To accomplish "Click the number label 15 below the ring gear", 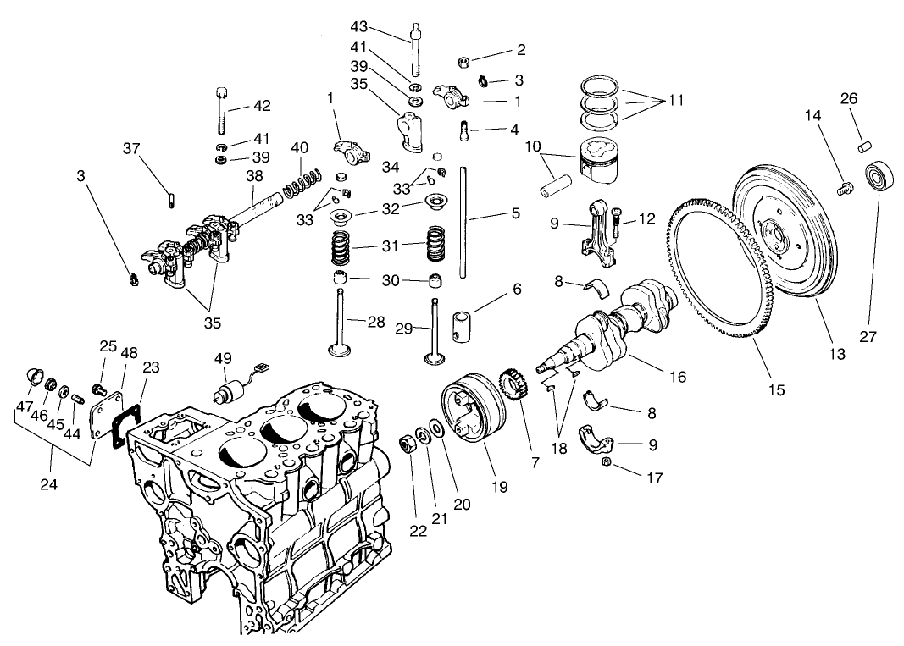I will (777, 390).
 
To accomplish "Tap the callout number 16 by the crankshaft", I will (677, 377).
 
